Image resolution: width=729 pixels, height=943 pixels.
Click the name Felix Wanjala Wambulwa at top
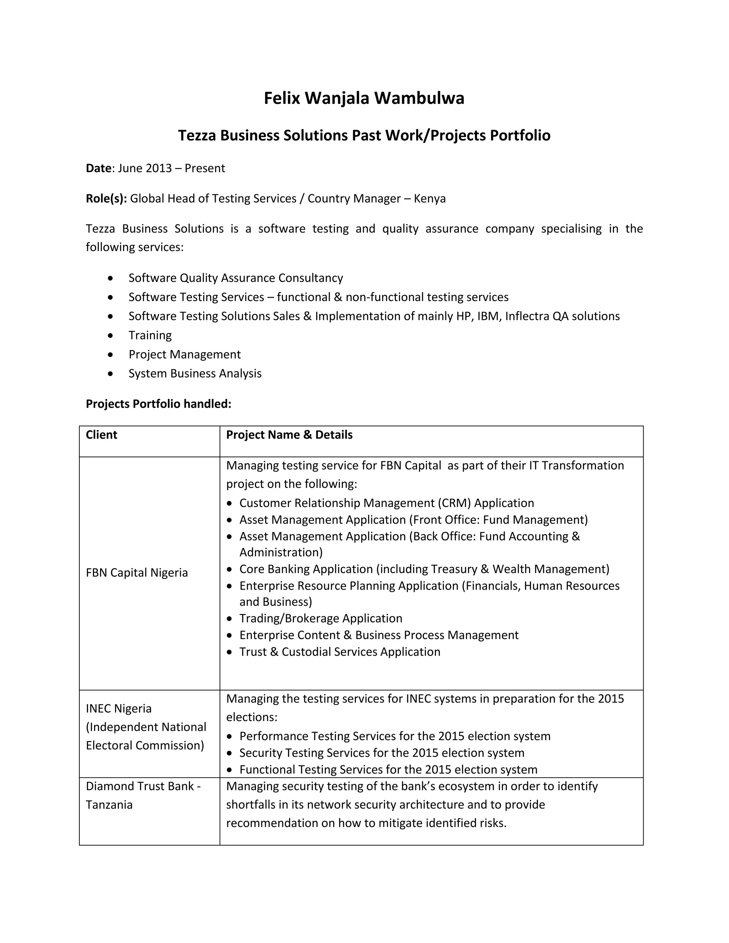(364, 99)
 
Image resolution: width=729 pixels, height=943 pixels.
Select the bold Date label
(99, 168)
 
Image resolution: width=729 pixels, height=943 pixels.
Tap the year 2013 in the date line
(158, 168)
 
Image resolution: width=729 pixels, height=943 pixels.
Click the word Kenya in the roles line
(429, 198)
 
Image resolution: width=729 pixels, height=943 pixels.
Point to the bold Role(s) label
(106, 198)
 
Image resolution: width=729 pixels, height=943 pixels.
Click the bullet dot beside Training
(111, 336)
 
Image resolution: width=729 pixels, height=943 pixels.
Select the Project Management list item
(184, 354)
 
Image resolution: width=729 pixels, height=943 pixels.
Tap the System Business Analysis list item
(195, 374)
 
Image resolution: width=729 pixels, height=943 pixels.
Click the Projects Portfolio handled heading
(158, 404)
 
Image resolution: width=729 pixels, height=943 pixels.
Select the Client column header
(101, 435)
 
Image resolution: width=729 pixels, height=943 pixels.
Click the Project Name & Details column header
(289, 435)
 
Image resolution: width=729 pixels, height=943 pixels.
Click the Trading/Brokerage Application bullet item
(320, 618)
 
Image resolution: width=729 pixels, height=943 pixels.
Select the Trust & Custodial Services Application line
(340, 652)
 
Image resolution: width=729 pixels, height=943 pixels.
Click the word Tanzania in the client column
(109, 805)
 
